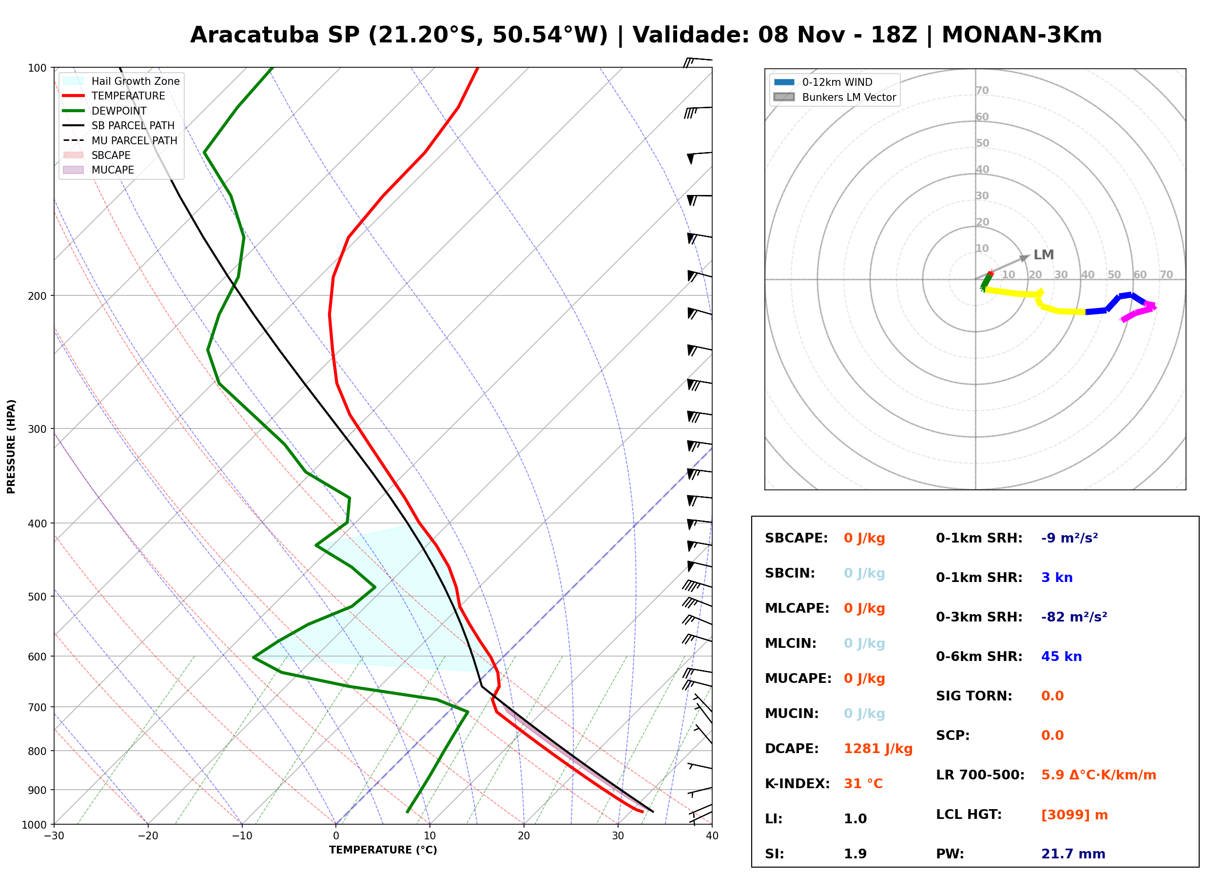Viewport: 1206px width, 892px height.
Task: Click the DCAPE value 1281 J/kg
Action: (x=878, y=749)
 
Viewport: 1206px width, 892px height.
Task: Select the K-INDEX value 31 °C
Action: (x=863, y=784)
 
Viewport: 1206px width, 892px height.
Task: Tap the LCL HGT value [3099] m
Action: (x=1074, y=815)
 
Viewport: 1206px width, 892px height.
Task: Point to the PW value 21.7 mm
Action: (x=1073, y=854)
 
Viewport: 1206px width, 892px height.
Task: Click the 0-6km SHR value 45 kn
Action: (x=1061, y=657)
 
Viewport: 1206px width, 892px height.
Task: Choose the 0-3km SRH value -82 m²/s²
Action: (x=1074, y=617)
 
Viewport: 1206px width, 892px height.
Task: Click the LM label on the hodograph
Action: (x=1044, y=255)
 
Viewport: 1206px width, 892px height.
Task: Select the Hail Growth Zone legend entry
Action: (x=121, y=81)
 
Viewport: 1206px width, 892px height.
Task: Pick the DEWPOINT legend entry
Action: (x=105, y=111)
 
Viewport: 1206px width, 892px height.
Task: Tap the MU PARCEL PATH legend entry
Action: (x=120, y=140)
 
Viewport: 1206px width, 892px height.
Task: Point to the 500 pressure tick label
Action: (x=37, y=597)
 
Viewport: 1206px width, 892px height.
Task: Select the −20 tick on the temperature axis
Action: (x=148, y=836)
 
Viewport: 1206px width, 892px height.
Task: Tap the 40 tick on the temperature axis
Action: (x=712, y=836)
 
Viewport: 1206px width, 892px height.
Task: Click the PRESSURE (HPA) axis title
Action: (x=11, y=446)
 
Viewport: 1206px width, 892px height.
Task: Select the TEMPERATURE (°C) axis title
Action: (x=383, y=851)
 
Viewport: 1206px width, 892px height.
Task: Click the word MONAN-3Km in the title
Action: (x=1022, y=35)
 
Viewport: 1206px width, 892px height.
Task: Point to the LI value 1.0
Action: (x=855, y=819)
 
